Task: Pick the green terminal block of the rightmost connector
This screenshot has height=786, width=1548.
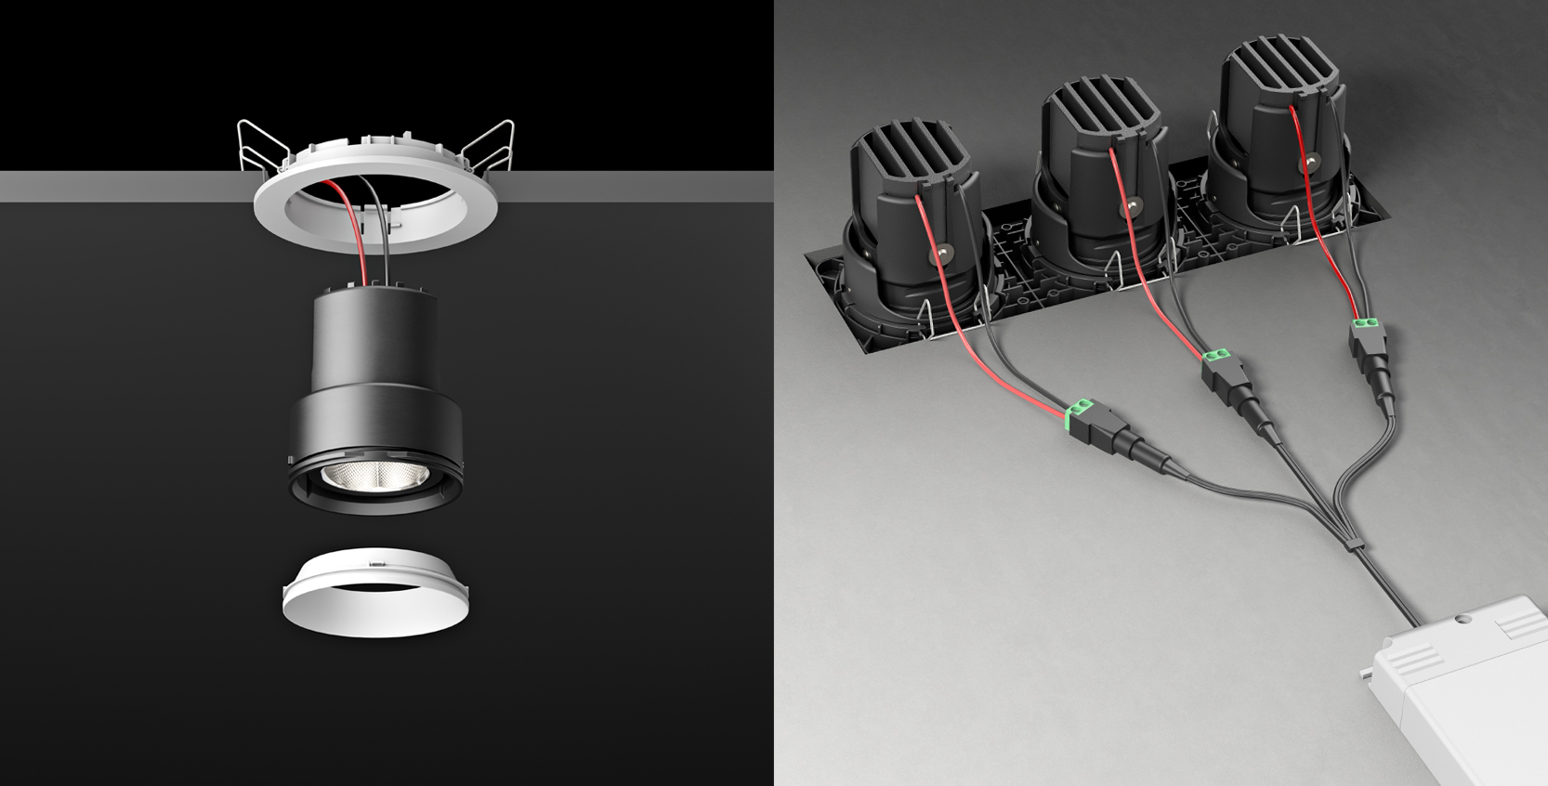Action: pos(1365,325)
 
